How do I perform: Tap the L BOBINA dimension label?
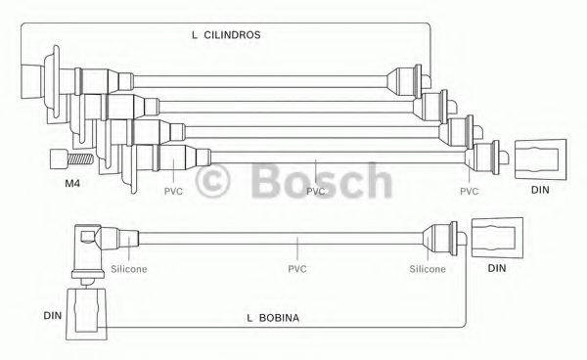click(273, 319)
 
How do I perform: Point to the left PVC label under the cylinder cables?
click(173, 192)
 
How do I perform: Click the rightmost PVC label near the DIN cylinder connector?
click(470, 192)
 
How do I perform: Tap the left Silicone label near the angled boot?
click(129, 268)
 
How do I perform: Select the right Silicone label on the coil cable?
click(428, 268)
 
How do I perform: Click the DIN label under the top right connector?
click(540, 191)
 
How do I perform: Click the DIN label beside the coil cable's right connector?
click(497, 268)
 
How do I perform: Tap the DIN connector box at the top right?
click(539, 157)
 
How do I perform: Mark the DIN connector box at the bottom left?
click(87, 314)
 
